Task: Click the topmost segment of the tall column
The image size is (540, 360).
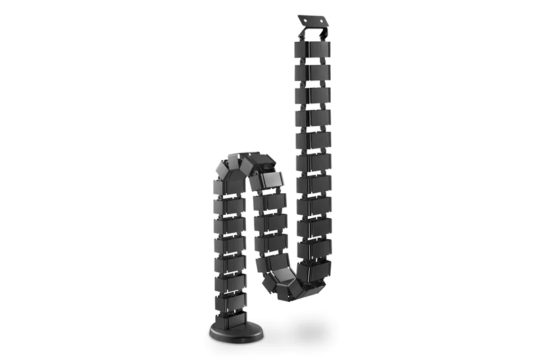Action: click(313, 49)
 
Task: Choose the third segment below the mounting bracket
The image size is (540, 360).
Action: click(313, 95)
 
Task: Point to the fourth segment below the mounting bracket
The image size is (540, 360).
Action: click(313, 118)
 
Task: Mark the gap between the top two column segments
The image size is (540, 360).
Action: click(313, 61)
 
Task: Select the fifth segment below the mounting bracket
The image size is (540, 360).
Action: click(313, 141)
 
